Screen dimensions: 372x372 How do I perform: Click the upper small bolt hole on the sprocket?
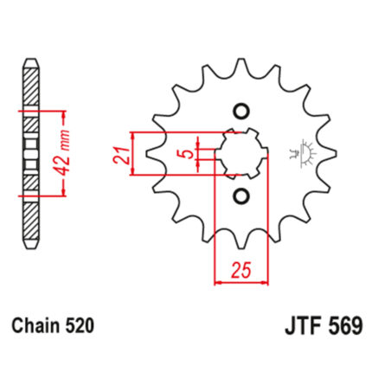pyautogui.click(x=241, y=112)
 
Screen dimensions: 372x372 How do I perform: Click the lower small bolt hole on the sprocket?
pyautogui.click(x=241, y=196)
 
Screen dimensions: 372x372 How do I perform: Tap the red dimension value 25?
pyautogui.click(x=241, y=271)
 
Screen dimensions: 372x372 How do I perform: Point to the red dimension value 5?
pyautogui.click(x=188, y=154)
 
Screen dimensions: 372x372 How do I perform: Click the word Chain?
pyautogui.click(x=36, y=326)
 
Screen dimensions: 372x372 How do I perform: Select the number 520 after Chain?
pyautogui.click(x=80, y=326)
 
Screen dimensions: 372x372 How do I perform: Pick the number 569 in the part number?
pyautogui.click(x=347, y=326)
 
